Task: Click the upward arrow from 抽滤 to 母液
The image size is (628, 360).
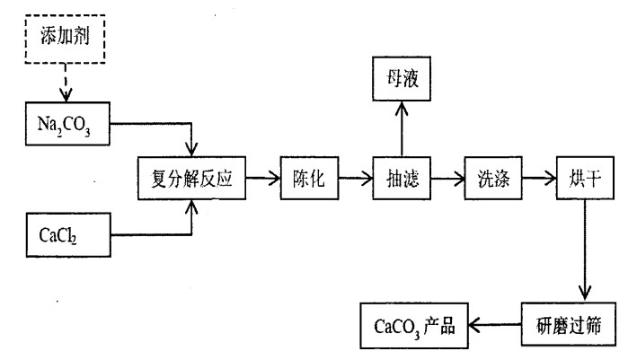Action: pyautogui.click(x=403, y=128)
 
